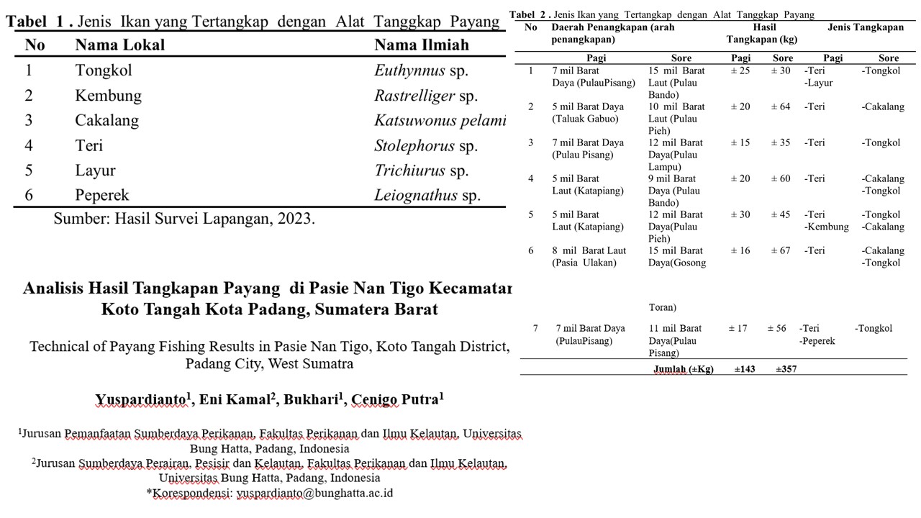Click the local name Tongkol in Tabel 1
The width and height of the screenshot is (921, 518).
pos(104,71)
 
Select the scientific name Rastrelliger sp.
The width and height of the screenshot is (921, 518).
pos(425,96)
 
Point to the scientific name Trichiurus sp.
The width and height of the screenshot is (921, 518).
pos(421,171)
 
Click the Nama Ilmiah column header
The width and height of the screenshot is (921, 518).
pos(421,45)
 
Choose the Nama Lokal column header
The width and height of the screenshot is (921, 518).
pos(119,45)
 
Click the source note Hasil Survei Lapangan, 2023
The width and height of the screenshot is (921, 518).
pos(183,219)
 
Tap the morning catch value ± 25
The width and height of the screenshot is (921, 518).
pos(740,71)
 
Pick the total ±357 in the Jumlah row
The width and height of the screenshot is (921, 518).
pos(786,369)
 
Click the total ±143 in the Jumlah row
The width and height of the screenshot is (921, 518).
pos(745,369)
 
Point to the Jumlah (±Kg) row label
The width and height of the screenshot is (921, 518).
pos(683,369)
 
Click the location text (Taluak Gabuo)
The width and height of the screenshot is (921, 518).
pos(585,119)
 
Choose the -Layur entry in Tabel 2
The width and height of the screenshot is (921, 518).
pos(819,83)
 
